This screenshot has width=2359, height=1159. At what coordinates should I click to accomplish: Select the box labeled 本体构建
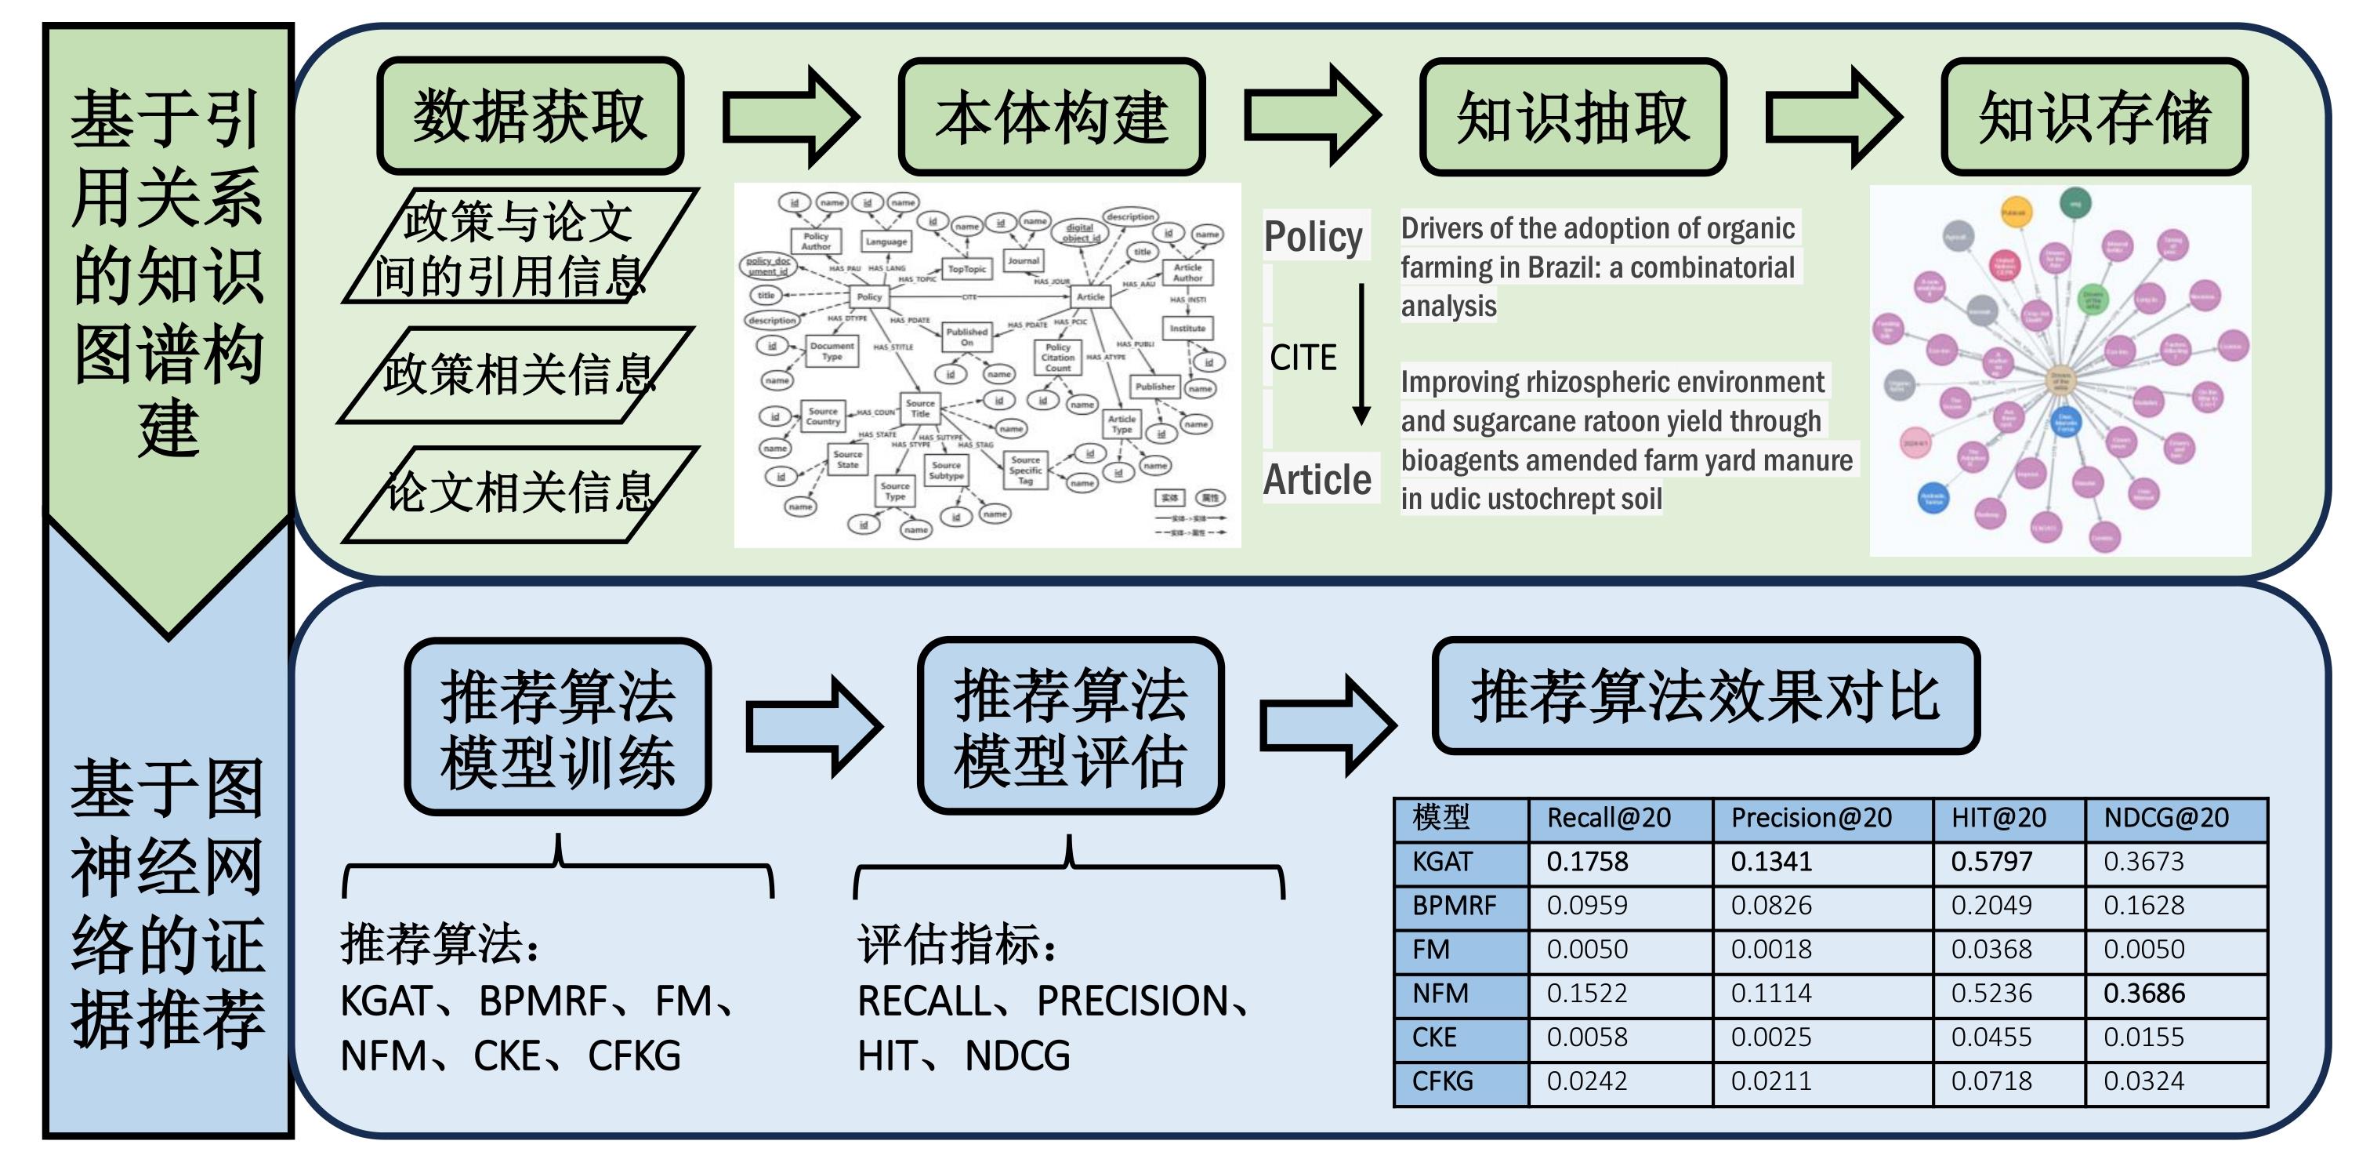[1051, 116]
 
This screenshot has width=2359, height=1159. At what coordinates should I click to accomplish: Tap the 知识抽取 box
[1572, 116]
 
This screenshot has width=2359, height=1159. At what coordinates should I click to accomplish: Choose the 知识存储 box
[2094, 116]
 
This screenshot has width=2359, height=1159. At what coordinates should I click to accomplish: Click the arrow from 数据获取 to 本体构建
[790, 116]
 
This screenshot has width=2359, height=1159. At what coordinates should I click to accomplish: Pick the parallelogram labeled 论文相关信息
[520, 493]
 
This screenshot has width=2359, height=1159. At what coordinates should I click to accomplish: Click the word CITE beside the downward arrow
[1303, 358]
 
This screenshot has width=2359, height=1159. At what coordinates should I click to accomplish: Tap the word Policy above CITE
[1314, 236]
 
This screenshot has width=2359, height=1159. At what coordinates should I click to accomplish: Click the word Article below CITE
[1317, 479]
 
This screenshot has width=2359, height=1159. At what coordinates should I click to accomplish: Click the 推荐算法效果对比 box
[1705, 696]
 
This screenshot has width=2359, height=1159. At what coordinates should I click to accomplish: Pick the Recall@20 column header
[1608, 817]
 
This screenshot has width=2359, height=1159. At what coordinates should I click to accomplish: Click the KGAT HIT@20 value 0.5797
[1991, 861]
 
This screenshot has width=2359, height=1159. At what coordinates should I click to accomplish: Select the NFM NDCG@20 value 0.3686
[2143, 994]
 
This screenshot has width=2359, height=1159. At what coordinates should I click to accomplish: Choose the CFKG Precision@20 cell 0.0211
[1770, 1081]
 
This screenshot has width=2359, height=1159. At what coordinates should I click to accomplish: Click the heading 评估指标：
[956, 945]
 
